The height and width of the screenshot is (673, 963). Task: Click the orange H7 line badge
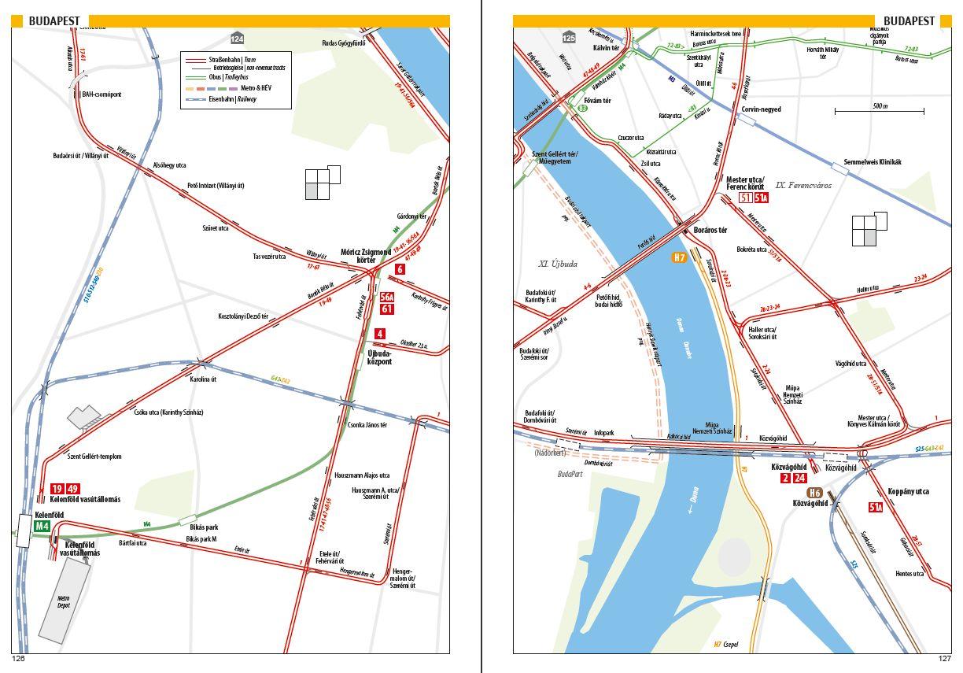click(x=680, y=257)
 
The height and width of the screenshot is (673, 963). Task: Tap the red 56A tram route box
click(x=386, y=298)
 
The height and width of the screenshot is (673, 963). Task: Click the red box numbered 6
click(x=400, y=269)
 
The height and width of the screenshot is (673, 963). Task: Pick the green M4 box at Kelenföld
click(x=42, y=526)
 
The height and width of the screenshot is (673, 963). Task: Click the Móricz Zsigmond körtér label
click(x=365, y=256)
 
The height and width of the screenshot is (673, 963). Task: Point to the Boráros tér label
click(x=710, y=231)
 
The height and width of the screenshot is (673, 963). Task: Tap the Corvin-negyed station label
click(x=761, y=109)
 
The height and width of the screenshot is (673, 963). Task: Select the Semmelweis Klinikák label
click(x=872, y=162)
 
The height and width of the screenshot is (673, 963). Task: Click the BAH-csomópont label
click(x=101, y=94)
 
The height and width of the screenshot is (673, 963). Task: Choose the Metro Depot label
click(x=65, y=602)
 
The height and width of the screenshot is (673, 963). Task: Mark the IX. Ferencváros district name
click(x=808, y=186)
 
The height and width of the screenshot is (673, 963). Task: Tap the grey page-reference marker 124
click(x=237, y=39)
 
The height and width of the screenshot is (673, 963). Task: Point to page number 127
click(x=944, y=659)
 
